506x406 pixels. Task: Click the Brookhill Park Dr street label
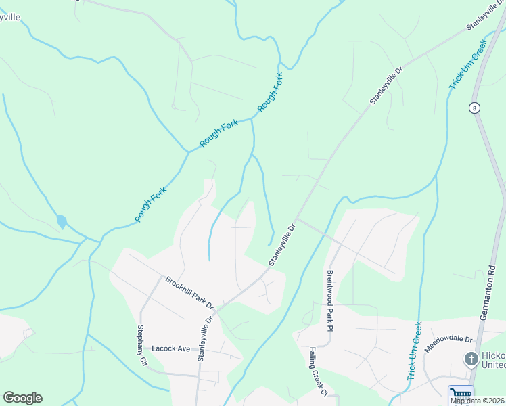(x=189, y=292)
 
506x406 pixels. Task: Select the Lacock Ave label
(x=171, y=348)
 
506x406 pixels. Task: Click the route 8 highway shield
(x=476, y=108)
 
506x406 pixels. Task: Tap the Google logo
(x=22, y=398)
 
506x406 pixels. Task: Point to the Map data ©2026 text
(x=478, y=401)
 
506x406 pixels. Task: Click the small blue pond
(x=62, y=221)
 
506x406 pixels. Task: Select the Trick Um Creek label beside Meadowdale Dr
(x=415, y=350)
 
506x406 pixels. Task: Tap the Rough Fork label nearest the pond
(x=150, y=204)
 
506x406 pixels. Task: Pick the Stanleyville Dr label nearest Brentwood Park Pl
(x=283, y=245)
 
